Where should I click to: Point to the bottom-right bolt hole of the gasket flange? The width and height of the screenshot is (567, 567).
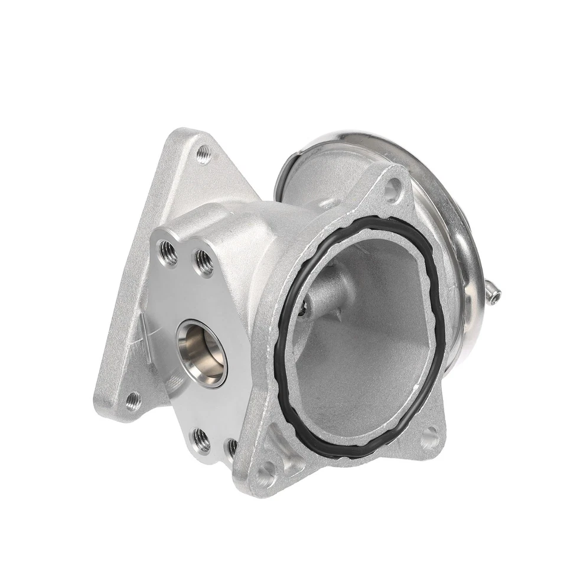(x=429, y=438)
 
